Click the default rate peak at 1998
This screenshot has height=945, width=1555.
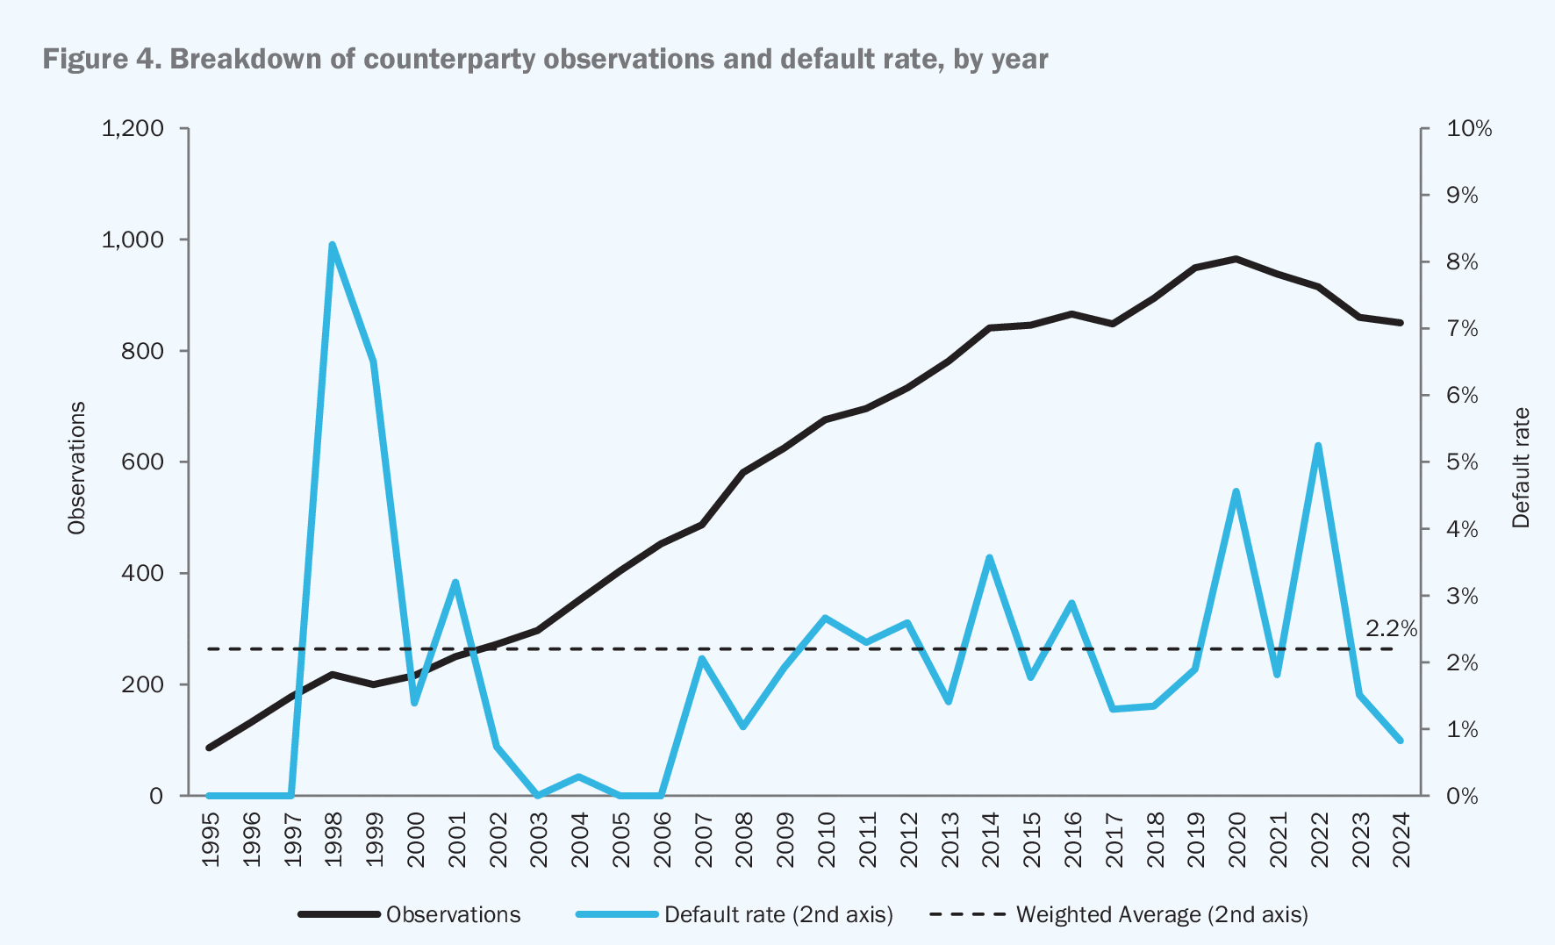tap(333, 245)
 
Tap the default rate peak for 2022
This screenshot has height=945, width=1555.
tap(1318, 446)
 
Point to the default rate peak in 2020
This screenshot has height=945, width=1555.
tap(1236, 491)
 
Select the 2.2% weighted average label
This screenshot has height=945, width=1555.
tap(1391, 628)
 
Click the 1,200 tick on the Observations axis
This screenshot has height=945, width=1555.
tap(133, 129)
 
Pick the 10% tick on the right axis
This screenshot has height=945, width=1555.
tap(1469, 129)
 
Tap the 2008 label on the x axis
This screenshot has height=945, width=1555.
tap(744, 840)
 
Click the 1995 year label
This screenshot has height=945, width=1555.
tap(211, 840)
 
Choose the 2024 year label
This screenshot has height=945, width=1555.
tap(1401, 840)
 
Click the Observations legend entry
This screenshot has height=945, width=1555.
tap(453, 914)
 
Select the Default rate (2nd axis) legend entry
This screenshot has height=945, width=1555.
tap(778, 914)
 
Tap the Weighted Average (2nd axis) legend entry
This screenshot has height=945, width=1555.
tap(1161, 914)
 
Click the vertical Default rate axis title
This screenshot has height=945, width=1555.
tap(1521, 468)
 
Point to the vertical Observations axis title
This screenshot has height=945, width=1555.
tap(77, 468)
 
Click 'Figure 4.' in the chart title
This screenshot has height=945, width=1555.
tap(101, 59)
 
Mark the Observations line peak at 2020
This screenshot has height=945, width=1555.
tap(1236, 259)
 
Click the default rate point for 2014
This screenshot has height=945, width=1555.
tap(989, 558)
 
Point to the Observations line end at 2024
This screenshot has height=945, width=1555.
tap(1401, 323)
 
